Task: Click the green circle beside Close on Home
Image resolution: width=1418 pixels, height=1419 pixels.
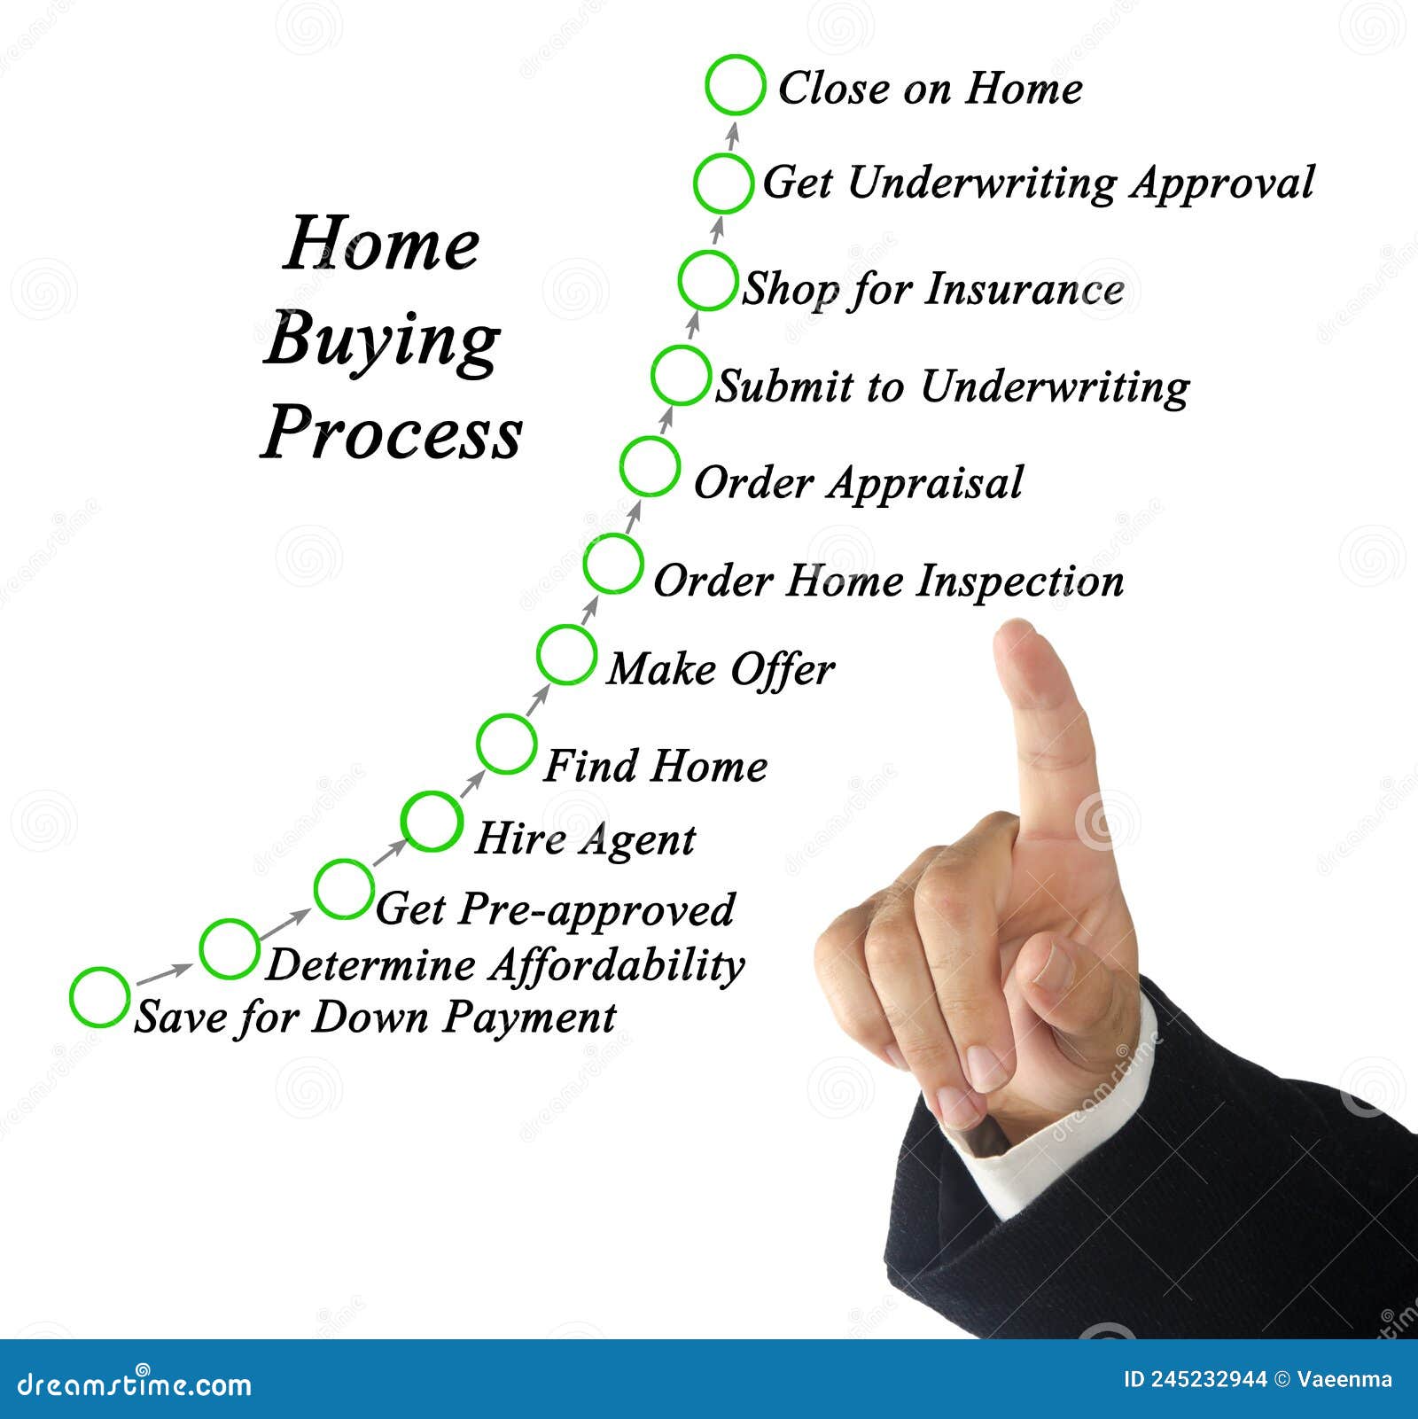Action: [x=735, y=85]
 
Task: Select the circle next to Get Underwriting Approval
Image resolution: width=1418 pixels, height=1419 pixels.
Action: [x=723, y=183]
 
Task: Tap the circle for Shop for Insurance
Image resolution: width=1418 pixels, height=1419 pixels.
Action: [x=707, y=280]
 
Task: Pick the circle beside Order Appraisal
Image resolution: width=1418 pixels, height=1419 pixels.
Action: [x=650, y=466]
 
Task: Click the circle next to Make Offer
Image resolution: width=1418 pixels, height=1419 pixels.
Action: [x=566, y=654]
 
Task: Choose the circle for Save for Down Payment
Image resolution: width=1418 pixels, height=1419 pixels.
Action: [x=99, y=997]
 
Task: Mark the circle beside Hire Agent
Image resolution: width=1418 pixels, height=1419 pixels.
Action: [x=432, y=821]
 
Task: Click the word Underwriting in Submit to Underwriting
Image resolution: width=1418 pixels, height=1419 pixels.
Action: [x=1055, y=387]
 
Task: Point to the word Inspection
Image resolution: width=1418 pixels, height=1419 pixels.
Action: [x=1019, y=581]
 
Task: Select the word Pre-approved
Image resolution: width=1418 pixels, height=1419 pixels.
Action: [x=596, y=910]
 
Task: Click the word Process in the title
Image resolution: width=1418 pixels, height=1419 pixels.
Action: [x=392, y=433]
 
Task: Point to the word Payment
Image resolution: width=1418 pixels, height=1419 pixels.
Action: [x=529, y=1017]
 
